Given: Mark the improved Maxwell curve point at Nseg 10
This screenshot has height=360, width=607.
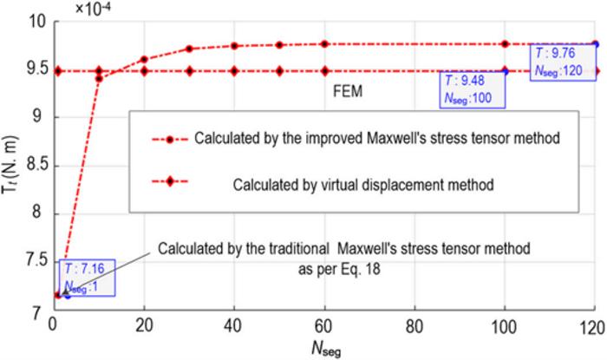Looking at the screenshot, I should click(99, 78).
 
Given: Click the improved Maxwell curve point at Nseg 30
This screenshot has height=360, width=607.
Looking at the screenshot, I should click(189, 49).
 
